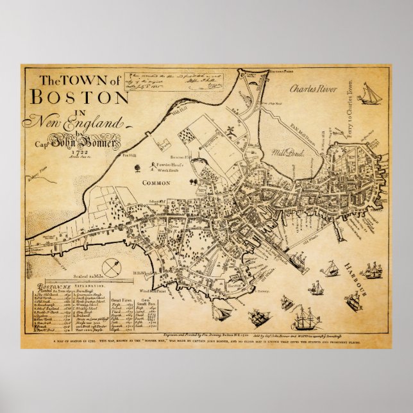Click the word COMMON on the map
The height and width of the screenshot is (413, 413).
pyautogui.click(x=156, y=183)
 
